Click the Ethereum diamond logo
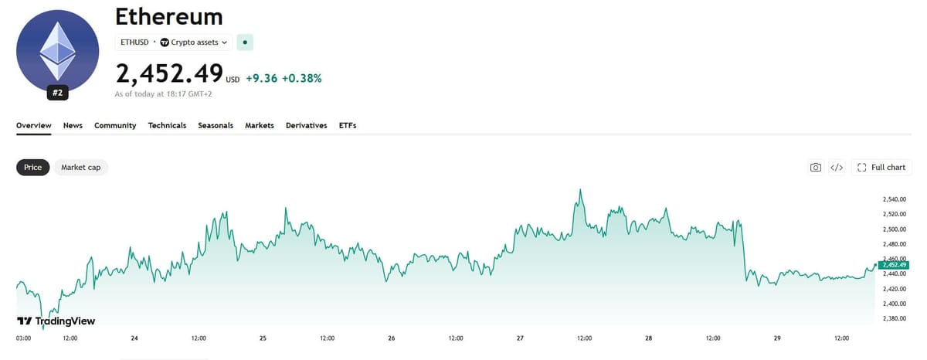coord(57,51)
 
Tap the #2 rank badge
coord(57,93)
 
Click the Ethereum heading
coord(169,17)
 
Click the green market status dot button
coord(245,42)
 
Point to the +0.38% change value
coord(302,78)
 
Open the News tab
coord(73,125)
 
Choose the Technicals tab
coord(167,125)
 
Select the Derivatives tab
coord(306,125)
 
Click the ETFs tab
coord(348,125)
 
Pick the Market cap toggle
coord(80,167)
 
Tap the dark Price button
coord(32,167)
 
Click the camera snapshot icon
coord(816,167)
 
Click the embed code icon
coord(837,167)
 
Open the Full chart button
coord(881,167)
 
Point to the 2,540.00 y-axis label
coord(895,199)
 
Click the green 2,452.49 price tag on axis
coord(894,265)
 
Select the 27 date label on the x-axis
coord(520,338)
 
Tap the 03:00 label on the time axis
coord(24,338)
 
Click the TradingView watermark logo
coord(56,321)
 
